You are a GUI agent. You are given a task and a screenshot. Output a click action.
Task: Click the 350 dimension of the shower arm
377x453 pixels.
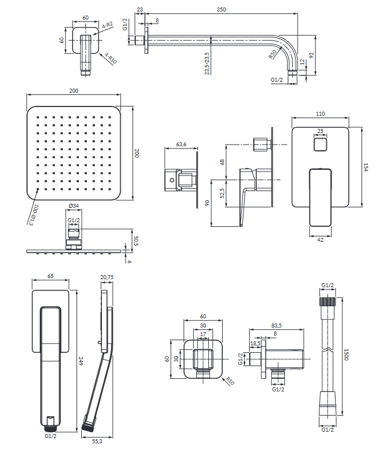tap(221, 9)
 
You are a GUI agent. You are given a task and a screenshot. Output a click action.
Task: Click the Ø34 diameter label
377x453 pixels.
tap(74, 205)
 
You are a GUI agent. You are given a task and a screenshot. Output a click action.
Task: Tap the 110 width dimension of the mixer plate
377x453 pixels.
tap(320, 115)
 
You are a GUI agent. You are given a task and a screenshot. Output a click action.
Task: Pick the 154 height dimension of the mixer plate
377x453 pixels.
tap(365, 167)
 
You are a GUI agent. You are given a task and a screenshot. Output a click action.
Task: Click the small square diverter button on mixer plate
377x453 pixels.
tap(320, 142)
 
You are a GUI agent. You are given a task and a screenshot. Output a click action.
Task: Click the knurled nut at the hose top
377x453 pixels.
tap(327, 301)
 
